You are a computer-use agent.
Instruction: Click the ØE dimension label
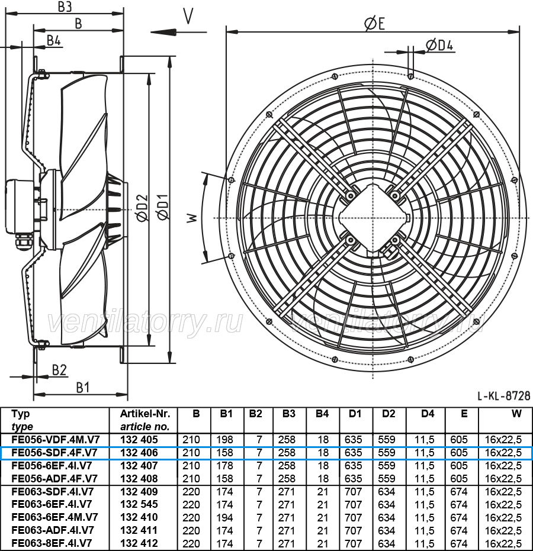click(374, 24)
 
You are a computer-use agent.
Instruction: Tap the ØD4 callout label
click(439, 45)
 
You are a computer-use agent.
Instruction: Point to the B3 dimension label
click(65, 7)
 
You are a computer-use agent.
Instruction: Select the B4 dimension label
click(54, 40)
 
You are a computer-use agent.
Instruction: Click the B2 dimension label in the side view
click(59, 370)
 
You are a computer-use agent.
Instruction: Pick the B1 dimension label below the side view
click(83, 388)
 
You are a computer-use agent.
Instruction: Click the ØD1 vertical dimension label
click(163, 207)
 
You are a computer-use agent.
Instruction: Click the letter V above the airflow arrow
click(188, 16)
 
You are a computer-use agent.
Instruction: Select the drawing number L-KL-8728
click(504, 396)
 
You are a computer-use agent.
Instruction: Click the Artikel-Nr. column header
click(145, 414)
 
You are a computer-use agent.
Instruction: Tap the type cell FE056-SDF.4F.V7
click(54, 453)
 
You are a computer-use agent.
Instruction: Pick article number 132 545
click(139, 504)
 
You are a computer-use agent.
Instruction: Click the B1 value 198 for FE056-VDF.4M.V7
click(224, 440)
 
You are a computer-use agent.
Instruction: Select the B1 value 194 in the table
click(224, 517)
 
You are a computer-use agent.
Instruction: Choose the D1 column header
click(355, 414)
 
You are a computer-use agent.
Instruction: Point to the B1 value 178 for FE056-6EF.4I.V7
click(224, 466)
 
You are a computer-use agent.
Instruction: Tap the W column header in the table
click(516, 414)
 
